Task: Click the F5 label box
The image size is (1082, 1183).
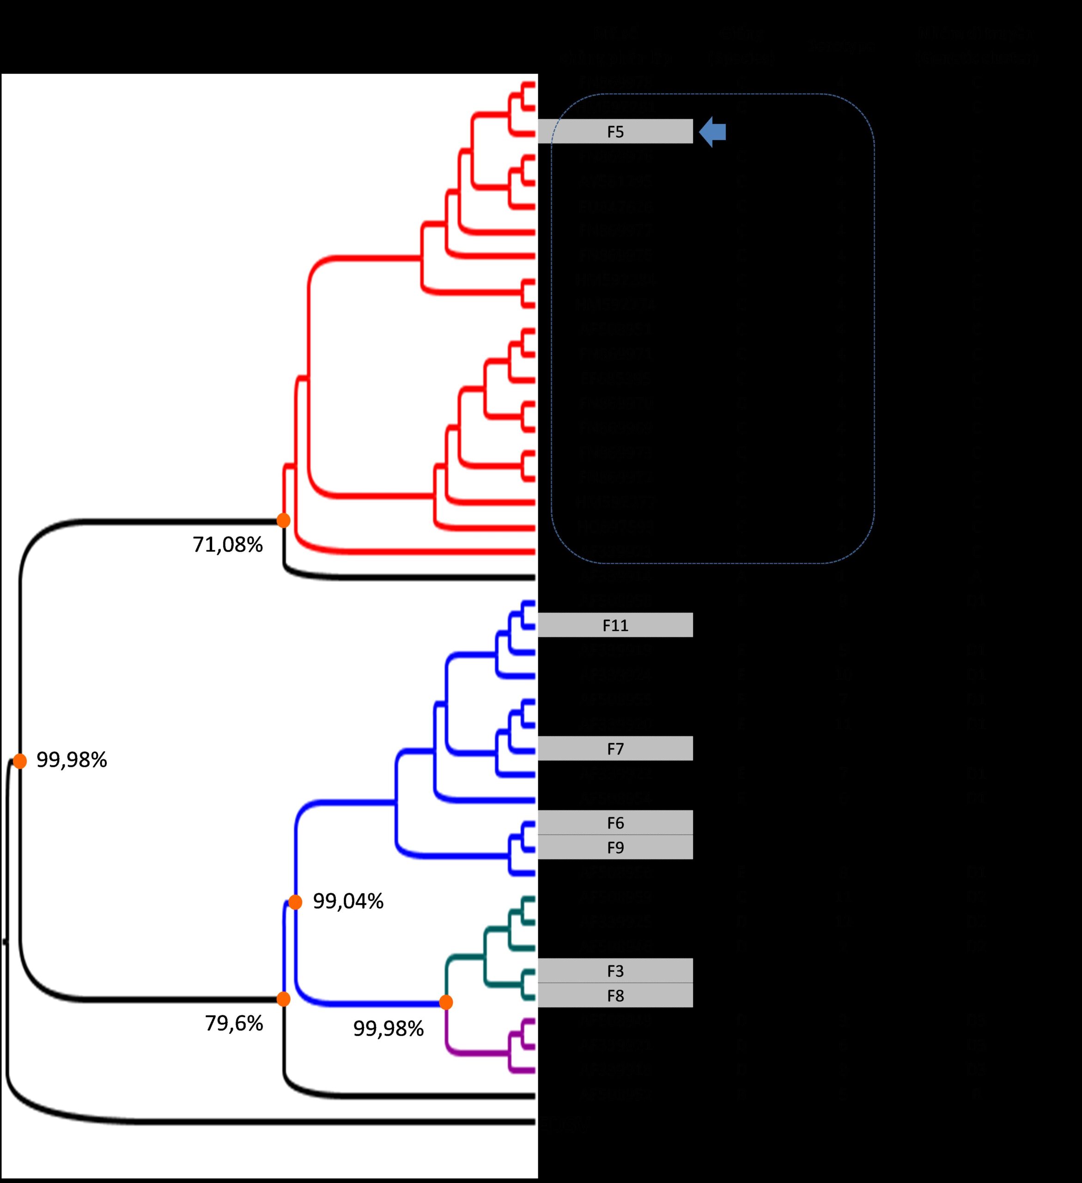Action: pos(615,131)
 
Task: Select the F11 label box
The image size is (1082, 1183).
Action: pos(615,625)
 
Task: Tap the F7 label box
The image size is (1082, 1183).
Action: pos(615,748)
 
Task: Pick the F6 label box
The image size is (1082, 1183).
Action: pos(615,823)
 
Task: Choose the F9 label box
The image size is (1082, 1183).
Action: pos(615,848)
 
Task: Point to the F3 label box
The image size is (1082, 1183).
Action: pos(615,970)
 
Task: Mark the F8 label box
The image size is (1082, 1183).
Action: pos(615,996)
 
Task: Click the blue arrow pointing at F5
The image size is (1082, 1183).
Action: pos(712,131)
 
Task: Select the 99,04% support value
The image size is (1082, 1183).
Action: pos(348,901)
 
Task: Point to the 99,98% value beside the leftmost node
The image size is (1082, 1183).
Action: pos(72,760)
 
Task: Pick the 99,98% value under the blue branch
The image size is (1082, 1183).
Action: pos(388,1029)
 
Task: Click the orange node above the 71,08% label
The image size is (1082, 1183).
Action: pos(283,520)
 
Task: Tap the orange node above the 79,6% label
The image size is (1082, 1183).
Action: pos(283,999)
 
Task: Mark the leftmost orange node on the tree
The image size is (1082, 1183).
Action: pos(20,761)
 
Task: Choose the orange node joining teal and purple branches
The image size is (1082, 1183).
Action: pos(446,1002)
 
